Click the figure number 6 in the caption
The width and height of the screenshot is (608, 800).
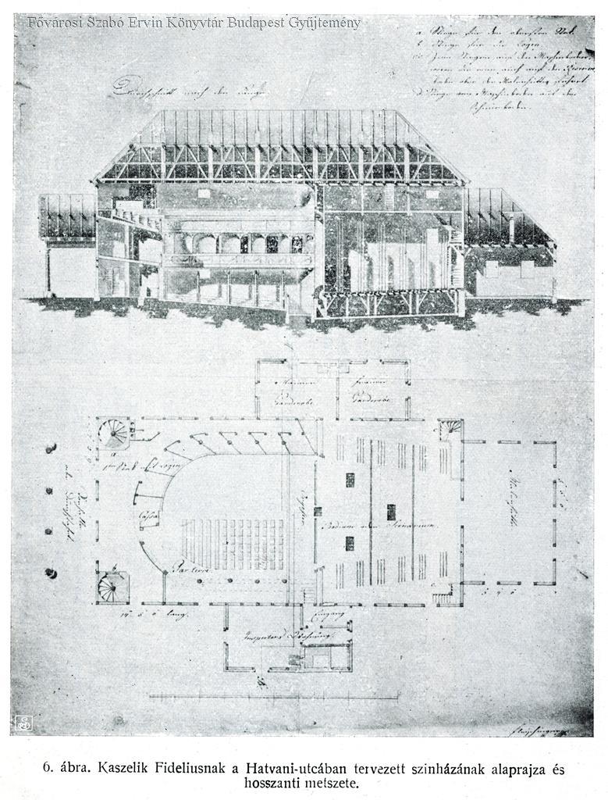click(x=48, y=770)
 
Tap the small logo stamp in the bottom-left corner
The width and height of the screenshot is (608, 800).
click(x=23, y=723)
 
